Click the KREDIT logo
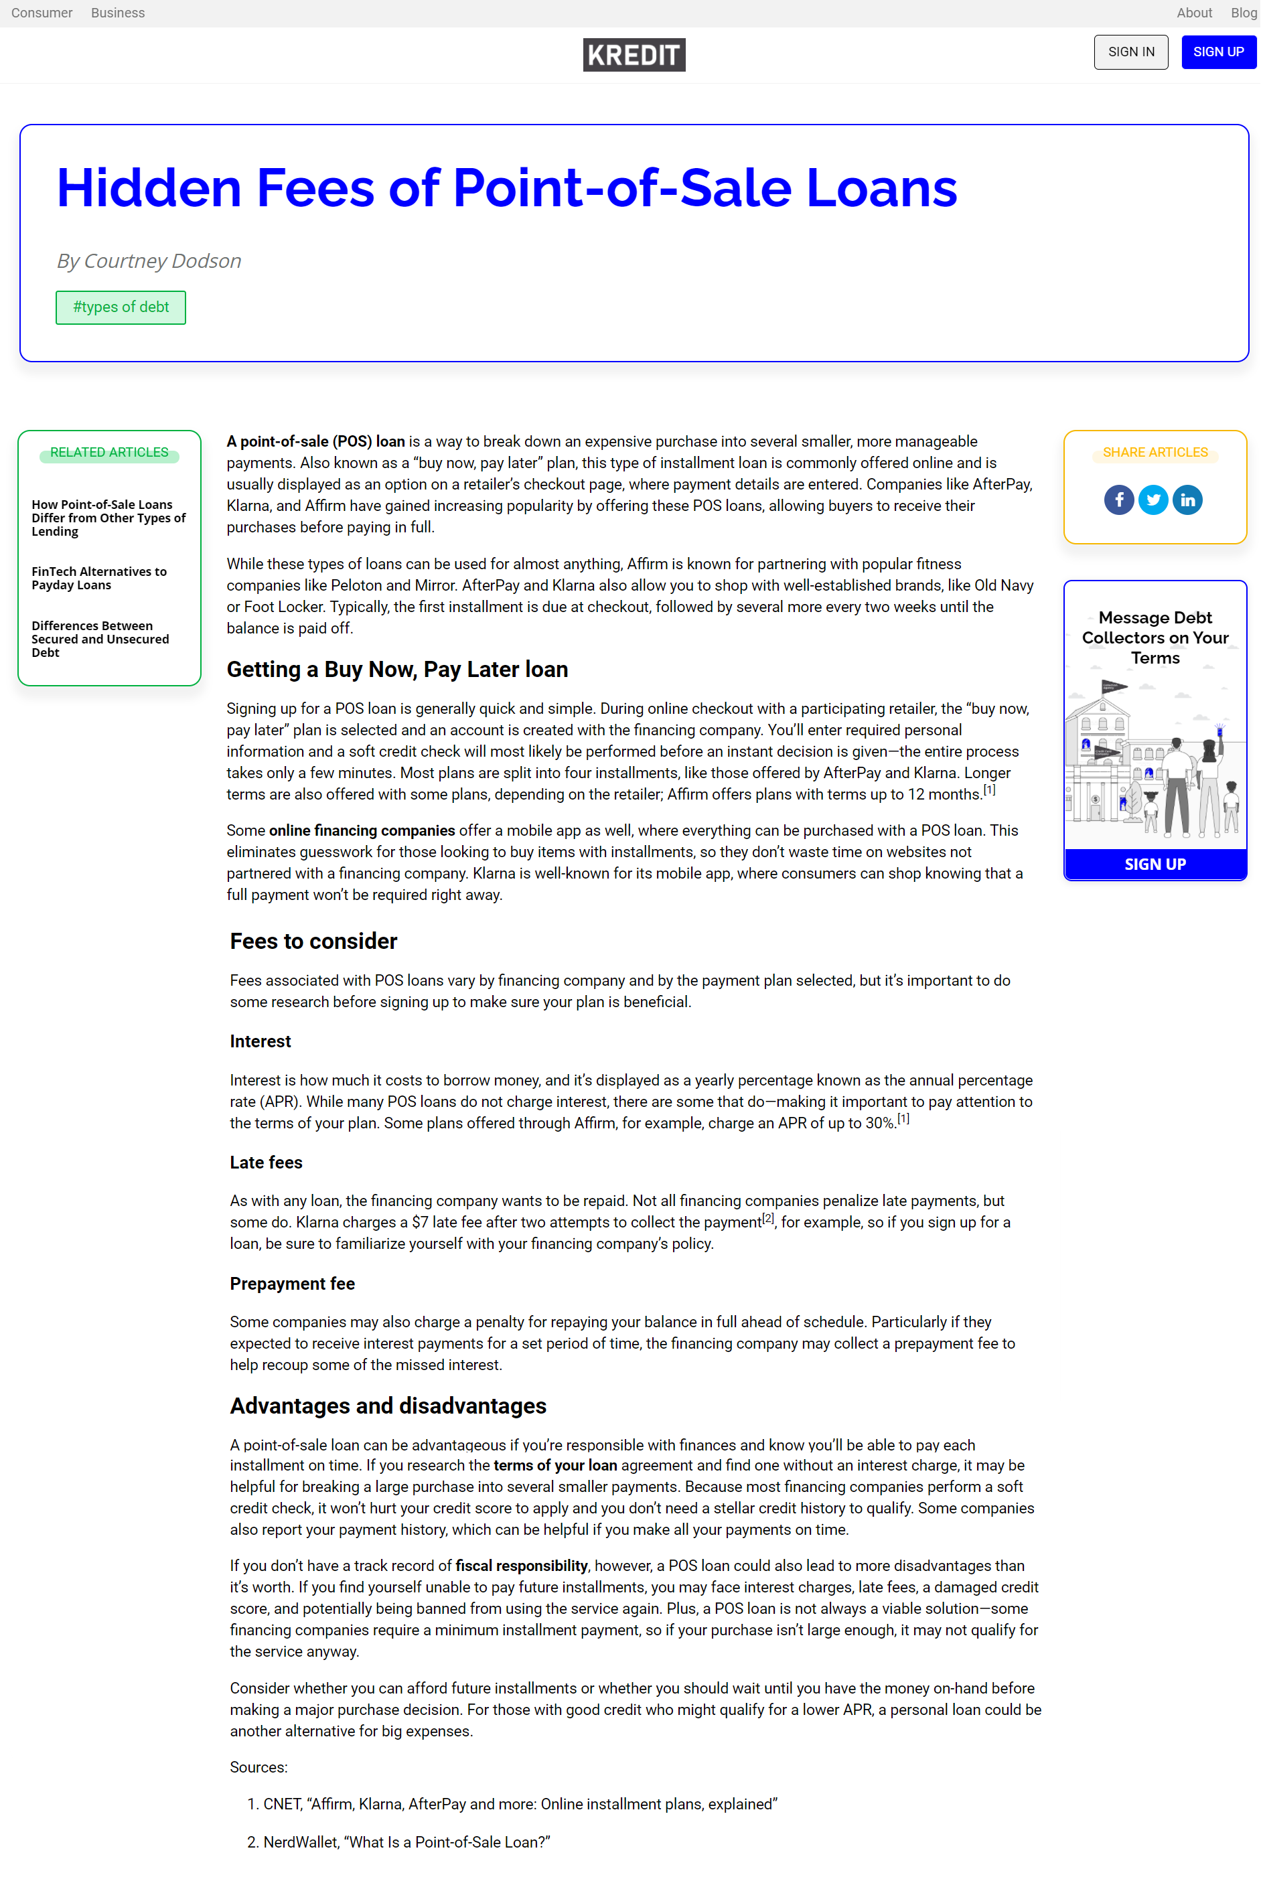[634, 55]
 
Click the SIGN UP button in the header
[1217, 52]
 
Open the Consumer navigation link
[42, 13]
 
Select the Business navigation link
[117, 13]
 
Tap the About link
[1193, 13]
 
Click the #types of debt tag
[121, 307]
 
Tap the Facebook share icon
[1118, 500]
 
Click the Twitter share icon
[1153, 500]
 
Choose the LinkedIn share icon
[1187, 500]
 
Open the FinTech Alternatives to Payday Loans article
[99, 578]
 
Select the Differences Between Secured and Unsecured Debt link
[100, 640]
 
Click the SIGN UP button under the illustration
[1154, 865]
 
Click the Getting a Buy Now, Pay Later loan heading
[397, 670]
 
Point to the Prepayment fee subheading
[292, 1284]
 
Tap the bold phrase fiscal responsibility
[521, 1566]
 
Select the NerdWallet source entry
[406, 1842]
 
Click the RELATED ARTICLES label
[109, 453]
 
